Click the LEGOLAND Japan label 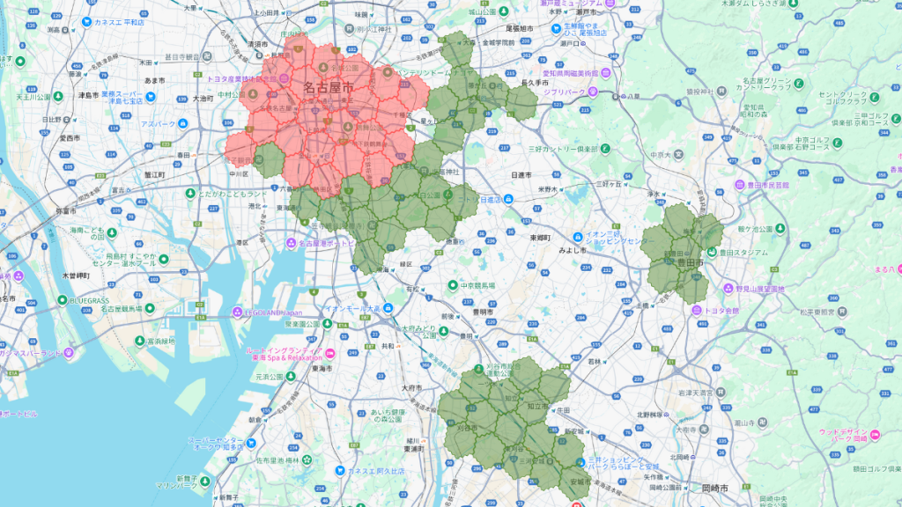coord(279,312)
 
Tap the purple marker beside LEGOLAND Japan coord(237,312)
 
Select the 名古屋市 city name coord(328,88)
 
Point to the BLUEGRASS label coord(91,300)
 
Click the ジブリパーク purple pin coord(593,91)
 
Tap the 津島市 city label coord(86,95)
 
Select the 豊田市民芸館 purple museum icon coord(742,186)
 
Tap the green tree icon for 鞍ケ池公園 coord(728,229)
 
